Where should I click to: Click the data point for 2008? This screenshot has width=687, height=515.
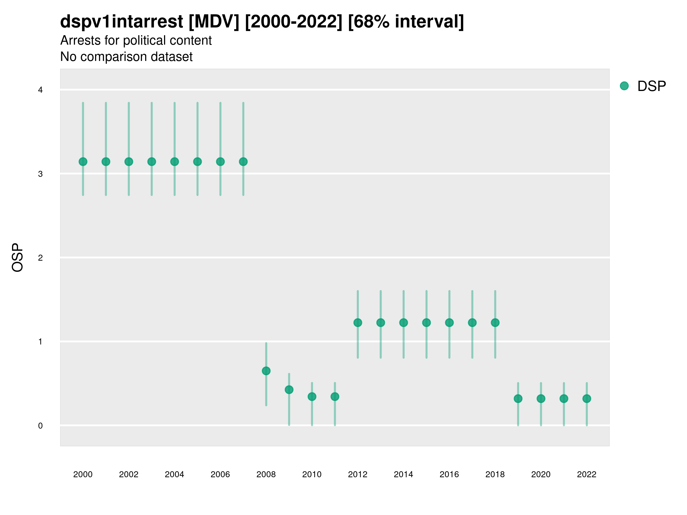(x=266, y=371)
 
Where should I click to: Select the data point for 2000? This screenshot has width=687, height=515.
(x=83, y=162)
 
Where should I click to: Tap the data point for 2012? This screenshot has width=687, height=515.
(x=358, y=323)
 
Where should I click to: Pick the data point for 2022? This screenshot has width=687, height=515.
(x=587, y=399)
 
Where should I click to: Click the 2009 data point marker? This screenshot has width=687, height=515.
(x=289, y=390)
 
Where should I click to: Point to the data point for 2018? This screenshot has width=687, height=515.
(x=495, y=323)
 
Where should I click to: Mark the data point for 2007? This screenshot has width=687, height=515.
(x=243, y=162)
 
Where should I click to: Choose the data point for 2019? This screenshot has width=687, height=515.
(x=518, y=399)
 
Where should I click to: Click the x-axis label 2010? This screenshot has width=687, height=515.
(x=312, y=474)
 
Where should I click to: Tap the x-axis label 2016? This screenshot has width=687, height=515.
(x=449, y=474)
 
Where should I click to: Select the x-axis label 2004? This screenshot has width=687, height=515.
(x=174, y=474)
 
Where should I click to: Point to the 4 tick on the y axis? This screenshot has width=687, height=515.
(x=40, y=90)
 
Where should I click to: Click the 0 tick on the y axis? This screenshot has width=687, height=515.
(x=40, y=426)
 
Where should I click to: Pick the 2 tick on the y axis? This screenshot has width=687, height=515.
(x=40, y=258)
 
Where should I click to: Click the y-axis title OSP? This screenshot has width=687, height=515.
(x=17, y=258)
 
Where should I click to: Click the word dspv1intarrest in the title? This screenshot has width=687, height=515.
(x=121, y=21)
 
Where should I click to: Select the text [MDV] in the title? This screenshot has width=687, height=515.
(x=214, y=21)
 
